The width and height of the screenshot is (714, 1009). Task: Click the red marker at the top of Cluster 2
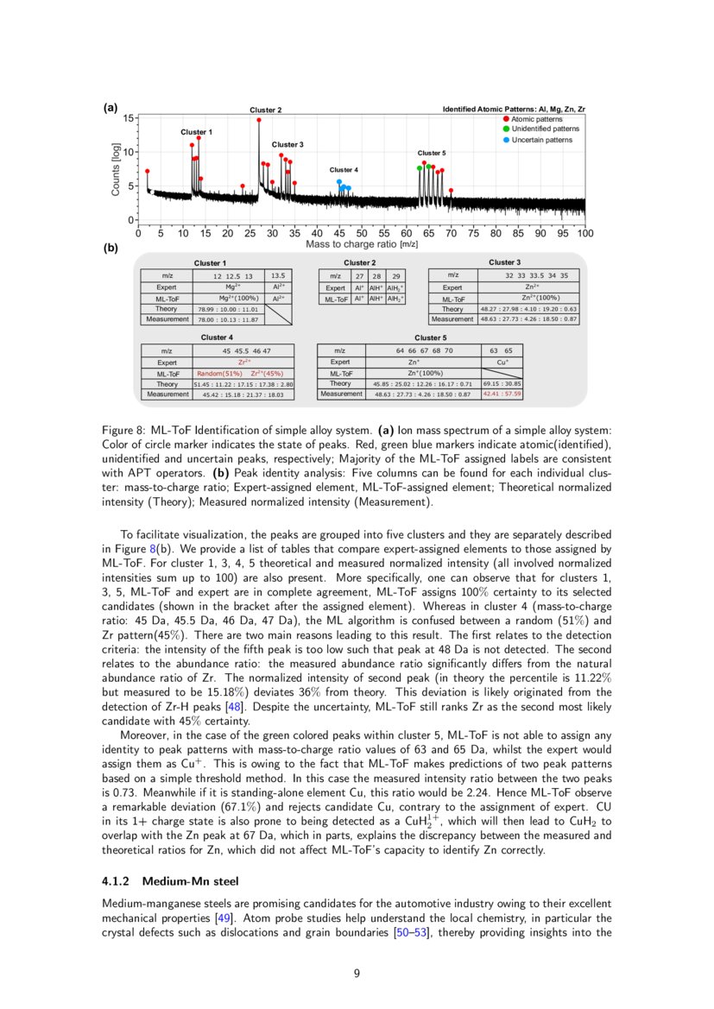259,120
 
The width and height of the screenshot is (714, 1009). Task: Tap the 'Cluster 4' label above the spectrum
344,170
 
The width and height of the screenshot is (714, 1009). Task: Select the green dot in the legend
506,129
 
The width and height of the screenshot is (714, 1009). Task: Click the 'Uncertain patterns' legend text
541,139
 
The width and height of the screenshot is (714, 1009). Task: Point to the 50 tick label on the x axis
362,233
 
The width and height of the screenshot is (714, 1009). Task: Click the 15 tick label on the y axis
128,117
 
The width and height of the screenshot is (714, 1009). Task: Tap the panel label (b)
111,249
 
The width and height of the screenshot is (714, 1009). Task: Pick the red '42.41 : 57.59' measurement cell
502,394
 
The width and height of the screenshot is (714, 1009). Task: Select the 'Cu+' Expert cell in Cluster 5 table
502,363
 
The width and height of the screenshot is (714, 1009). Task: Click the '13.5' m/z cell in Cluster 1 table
278,275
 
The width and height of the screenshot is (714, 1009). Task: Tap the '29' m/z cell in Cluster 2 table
396,275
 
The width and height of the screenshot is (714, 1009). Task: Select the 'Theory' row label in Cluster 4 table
167,383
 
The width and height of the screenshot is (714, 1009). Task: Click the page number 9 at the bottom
357,974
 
